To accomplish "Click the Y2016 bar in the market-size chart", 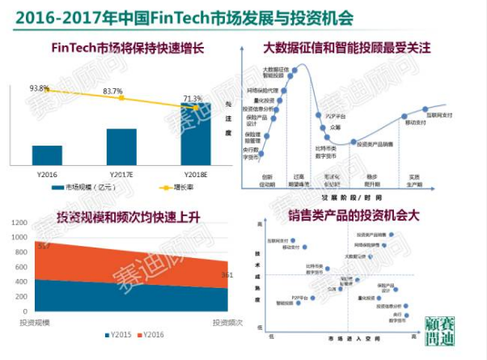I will (x=47, y=155).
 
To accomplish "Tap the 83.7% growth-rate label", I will (x=112, y=91).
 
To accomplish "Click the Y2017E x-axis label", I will (x=121, y=173).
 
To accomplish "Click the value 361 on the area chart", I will (x=227, y=275).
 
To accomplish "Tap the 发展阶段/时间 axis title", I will (x=351, y=197).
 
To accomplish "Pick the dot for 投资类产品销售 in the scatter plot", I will (x=391, y=235).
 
